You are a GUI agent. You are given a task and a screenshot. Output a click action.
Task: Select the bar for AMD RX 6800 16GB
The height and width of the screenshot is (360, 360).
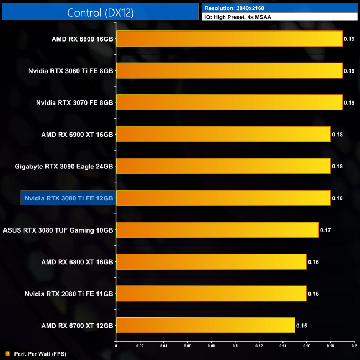pyautogui.click(x=229, y=39)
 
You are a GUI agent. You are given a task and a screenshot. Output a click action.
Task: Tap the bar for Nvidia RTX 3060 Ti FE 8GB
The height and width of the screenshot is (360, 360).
pyautogui.click(x=229, y=71)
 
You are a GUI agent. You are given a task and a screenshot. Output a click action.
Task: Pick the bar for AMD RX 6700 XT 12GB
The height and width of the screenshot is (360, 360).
pyautogui.click(x=205, y=326)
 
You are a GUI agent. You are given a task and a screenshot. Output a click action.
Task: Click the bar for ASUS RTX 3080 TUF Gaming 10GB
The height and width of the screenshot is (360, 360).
pyautogui.click(x=217, y=230)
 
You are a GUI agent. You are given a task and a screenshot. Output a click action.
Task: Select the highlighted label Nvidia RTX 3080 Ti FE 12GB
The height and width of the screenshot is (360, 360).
pyautogui.click(x=68, y=198)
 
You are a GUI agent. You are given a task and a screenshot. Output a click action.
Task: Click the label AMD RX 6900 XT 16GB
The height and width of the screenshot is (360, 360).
pyautogui.click(x=77, y=135)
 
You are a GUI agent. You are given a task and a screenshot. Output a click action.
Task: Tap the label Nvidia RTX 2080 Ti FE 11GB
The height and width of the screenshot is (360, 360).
pyautogui.click(x=69, y=294)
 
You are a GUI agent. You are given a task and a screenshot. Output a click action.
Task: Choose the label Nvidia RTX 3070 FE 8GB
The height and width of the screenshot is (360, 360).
pyautogui.click(x=74, y=102)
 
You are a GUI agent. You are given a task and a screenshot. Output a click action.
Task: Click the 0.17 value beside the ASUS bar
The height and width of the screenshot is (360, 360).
pyautogui.click(x=326, y=230)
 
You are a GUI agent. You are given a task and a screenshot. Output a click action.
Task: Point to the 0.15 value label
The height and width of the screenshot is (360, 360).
pyautogui.click(x=302, y=326)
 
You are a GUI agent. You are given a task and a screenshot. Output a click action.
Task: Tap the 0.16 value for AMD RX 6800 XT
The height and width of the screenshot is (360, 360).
pyautogui.click(x=313, y=261)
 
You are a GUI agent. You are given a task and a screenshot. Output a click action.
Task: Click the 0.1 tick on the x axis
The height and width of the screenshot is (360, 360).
pyautogui.click(x=235, y=347)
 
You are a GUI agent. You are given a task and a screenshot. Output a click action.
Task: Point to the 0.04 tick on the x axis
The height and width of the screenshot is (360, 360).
pyautogui.click(x=163, y=347)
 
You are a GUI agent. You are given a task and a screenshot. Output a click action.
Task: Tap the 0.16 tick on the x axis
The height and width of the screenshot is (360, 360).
pyautogui.click(x=306, y=347)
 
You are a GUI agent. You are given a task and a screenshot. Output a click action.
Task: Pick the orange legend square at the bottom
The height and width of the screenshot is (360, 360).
pyautogui.click(x=6, y=353)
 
